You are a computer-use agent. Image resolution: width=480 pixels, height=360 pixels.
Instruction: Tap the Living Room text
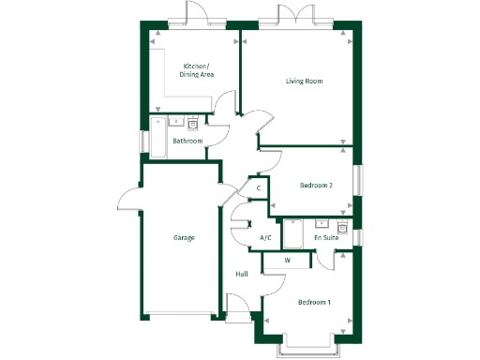coord(304,82)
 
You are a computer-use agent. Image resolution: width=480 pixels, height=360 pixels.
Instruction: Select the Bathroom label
coord(187,141)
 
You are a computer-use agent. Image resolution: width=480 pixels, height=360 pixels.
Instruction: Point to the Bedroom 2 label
coord(316,186)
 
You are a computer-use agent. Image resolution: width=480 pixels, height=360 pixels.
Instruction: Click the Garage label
coord(183,238)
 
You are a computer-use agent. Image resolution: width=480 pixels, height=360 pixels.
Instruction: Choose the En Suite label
coord(326,239)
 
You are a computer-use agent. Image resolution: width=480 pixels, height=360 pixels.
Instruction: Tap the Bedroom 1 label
coord(314,302)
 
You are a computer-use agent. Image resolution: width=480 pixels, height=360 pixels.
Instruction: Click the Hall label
coord(242,274)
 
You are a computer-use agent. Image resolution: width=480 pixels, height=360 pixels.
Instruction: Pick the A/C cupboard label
coord(265,238)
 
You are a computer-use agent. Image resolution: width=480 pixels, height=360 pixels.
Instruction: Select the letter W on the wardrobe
coord(287,260)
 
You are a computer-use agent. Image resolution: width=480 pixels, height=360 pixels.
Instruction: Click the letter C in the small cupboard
coord(259,188)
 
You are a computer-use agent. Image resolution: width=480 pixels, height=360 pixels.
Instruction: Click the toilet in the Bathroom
coord(193,123)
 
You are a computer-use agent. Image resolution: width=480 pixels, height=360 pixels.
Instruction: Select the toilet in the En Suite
coord(343,228)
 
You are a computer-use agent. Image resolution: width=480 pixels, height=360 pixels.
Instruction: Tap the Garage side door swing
coord(129,198)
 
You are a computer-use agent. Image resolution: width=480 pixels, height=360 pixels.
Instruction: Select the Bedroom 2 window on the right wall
coord(356,180)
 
